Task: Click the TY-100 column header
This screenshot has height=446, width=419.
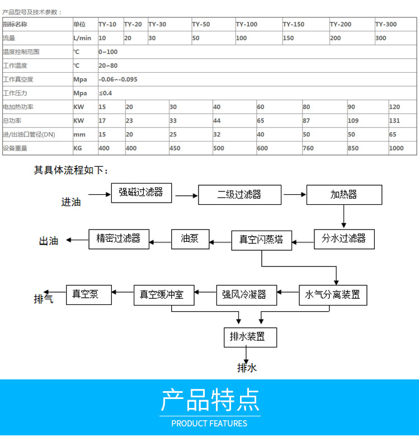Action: (x=247, y=25)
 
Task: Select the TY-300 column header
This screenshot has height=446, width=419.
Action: (x=386, y=25)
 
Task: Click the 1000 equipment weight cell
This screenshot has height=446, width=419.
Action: (x=396, y=148)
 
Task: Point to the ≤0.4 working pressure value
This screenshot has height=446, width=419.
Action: (x=106, y=93)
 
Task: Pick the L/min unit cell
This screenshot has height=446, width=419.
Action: (x=82, y=38)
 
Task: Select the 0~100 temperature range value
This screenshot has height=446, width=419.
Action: (x=108, y=52)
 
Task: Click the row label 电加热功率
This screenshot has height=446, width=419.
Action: (x=18, y=107)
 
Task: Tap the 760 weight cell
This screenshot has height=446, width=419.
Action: (x=308, y=148)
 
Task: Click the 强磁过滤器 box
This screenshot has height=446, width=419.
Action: (x=142, y=193)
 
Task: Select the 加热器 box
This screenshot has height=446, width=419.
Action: (x=344, y=195)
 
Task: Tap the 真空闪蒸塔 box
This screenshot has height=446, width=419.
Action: (x=261, y=241)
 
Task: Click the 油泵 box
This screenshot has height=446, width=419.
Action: (x=190, y=239)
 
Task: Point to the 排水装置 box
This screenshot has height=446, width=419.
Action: (x=250, y=337)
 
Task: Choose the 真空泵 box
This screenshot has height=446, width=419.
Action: (x=89, y=295)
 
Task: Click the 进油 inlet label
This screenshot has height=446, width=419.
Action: (x=71, y=202)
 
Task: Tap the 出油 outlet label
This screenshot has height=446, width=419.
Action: (x=49, y=241)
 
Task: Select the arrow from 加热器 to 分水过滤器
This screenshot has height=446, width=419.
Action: (x=343, y=216)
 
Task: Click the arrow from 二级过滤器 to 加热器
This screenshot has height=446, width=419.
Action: (x=295, y=195)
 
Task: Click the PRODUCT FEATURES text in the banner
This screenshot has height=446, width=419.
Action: (x=209, y=424)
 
